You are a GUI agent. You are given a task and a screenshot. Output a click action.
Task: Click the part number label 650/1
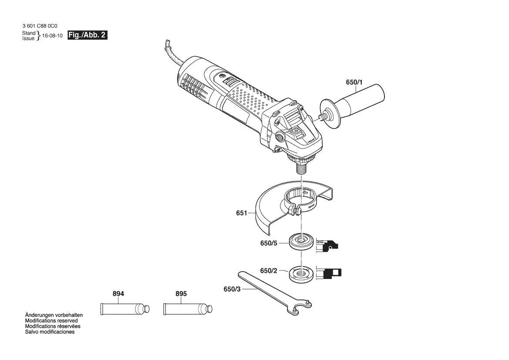tap(354, 82)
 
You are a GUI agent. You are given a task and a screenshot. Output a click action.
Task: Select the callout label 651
tap(242, 213)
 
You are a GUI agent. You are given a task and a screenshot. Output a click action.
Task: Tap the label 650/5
tap(269, 243)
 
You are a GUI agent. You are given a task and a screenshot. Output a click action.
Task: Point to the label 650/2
tap(269, 271)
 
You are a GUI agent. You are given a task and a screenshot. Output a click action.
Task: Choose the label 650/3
tap(232, 289)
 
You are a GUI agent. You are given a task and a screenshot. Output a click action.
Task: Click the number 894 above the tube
tap(118, 294)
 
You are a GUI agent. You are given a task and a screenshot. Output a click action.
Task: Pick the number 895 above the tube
tap(181, 294)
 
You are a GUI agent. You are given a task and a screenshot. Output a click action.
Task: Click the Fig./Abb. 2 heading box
tap(88, 35)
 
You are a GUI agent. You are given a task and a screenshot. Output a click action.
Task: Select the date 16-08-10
tap(52, 36)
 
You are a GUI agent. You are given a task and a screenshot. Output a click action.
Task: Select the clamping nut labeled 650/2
tap(301, 274)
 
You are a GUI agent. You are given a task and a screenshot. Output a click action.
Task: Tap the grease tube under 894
tap(125, 308)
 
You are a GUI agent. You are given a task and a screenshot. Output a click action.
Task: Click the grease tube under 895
tap(188, 308)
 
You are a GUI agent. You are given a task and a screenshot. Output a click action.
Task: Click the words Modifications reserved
tap(51, 321)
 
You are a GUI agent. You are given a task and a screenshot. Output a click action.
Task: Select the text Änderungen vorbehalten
tap(54, 315)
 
